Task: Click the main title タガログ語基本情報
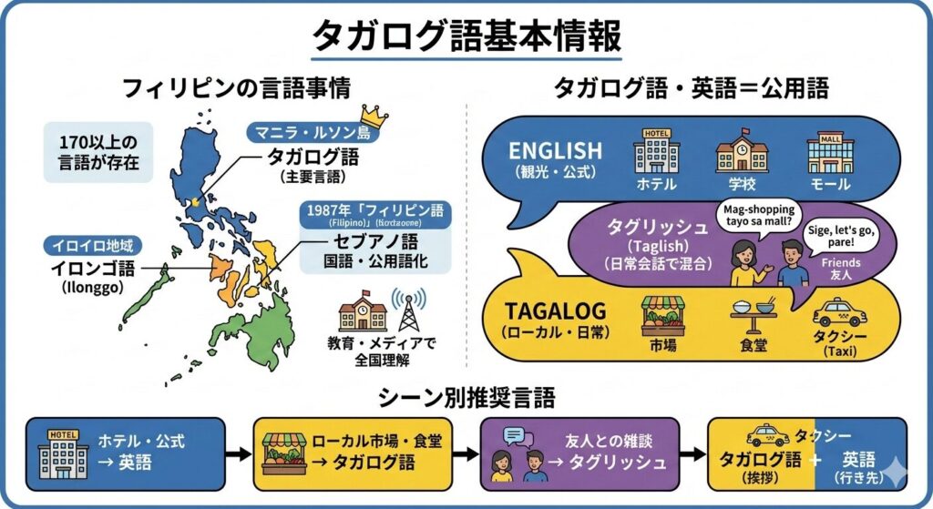(x=466, y=36)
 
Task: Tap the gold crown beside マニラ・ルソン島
(x=374, y=116)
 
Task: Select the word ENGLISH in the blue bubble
(x=555, y=150)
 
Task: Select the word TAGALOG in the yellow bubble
(x=556, y=310)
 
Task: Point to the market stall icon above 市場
(x=662, y=316)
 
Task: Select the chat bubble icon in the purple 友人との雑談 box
(x=513, y=436)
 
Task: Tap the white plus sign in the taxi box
(x=815, y=463)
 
